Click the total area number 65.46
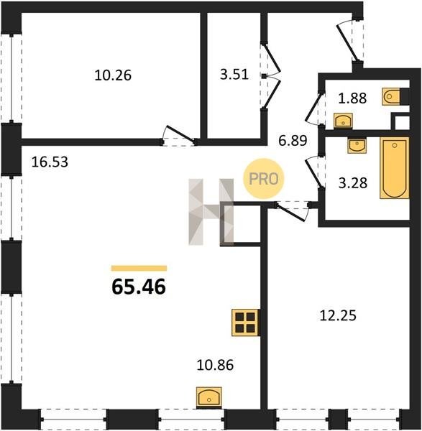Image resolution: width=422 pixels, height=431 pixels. pyautogui.click(x=139, y=287)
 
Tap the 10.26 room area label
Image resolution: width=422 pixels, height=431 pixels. pyautogui.click(x=113, y=75)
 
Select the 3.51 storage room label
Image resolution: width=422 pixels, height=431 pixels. pyautogui.click(x=234, y=75)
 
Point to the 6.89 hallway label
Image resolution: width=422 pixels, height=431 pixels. pyautogui.click(x=293, y=141)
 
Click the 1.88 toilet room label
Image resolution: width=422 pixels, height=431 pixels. pyautogui.click(x=352, y=98)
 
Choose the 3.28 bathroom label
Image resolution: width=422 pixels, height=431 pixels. pyautogui.click(x=353, y=183)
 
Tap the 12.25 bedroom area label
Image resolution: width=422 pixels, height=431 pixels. pyautogui.click(x=338, y=315)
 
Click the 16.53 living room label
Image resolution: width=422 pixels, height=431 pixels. pyautogui.click(x=50, y=162)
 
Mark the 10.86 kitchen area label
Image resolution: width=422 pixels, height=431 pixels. pyautogui.click(x=215, y=365)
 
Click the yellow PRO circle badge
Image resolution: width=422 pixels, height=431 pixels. pyautogui.click(x=264, y=179)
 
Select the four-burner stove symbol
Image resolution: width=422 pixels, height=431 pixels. pyautogui.click(x=246, y=323)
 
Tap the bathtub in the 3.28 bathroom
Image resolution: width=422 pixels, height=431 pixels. pyautogui.click(x=395, y=168)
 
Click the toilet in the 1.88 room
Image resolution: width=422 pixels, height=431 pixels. pyautogui.click(x=392, y=96)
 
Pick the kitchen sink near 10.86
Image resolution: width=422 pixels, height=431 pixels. pyautogui.click(x=208, y=397)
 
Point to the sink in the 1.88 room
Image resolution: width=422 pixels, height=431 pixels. pyautogui.click(x=343, y=121)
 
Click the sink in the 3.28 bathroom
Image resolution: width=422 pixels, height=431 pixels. pyautogui.click(x=357, y=146)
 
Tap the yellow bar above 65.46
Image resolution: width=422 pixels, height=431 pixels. pyautogui.click(x=139, y=268)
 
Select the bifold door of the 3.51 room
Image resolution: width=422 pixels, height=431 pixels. pyautogui.click(x=272, y=75)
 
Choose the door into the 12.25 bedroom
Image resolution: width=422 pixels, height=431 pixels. pyautogui.click(x=292, y=211)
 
